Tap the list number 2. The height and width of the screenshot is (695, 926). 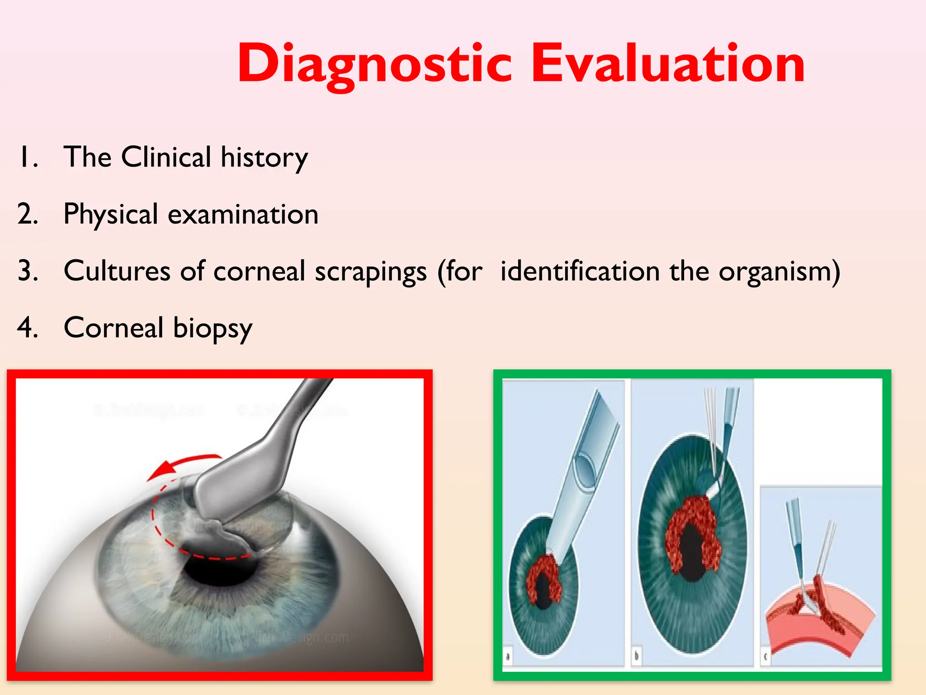point(27,214)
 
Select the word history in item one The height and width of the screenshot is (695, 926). point(264,157)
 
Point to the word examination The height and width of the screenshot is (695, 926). point(243,214)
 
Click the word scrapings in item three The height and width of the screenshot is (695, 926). point(370,271)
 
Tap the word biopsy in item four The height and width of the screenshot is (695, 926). point(212,328)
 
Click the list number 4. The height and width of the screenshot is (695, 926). point(27,328)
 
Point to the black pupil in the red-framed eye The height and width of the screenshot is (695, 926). point(215,572)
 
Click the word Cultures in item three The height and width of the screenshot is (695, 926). point(117,271)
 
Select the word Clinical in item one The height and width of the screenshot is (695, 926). point(166,157)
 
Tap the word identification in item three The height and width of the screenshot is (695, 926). point(580,271)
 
